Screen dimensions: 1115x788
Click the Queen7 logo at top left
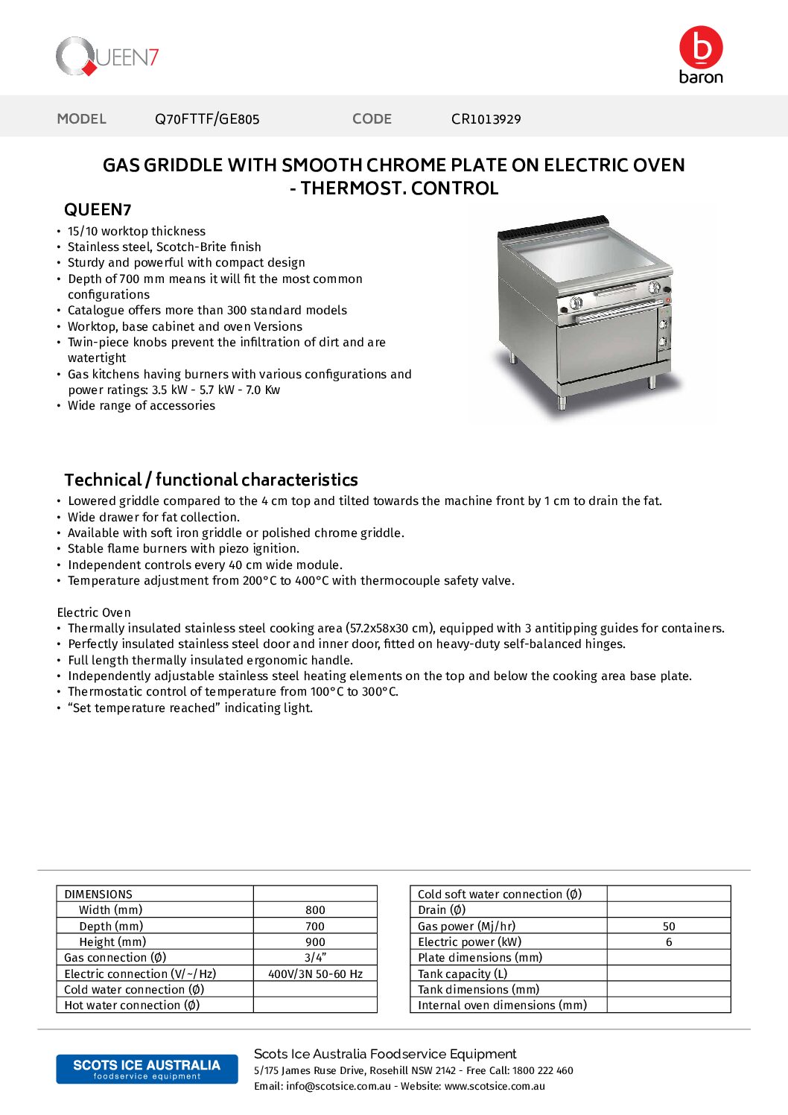click(x=107, y=57)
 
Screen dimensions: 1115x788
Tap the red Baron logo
click(x=701, y=55)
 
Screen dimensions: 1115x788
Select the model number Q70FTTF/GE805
click(x=207, y=119)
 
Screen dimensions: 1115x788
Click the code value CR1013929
click(x=486, y=119)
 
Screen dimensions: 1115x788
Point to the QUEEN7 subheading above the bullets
click(x=98, y=210)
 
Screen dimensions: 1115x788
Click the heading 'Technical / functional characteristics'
click(x=211, y=480)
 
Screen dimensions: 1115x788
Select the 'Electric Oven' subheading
click(x=94, y=612)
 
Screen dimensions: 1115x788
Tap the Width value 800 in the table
click(x=315, y=910)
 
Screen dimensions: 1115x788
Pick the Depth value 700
click(x=315, y=927)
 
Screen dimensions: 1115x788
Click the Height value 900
click(x=315, y=942)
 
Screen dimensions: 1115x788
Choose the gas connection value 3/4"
click(x=315, y=958)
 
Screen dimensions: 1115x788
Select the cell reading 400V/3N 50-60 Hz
click(x=315, y=974)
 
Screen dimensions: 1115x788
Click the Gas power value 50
click(x=669, y=927)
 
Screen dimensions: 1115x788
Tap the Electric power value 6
click(x=669, y=942)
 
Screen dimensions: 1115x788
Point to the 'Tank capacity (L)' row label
click(x=463, y=974)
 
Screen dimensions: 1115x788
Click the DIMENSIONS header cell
click(x=98, y=895)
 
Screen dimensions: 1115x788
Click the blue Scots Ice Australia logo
click(x=147, y=1069)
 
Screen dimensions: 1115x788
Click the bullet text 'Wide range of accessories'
click(x=142, y=406)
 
